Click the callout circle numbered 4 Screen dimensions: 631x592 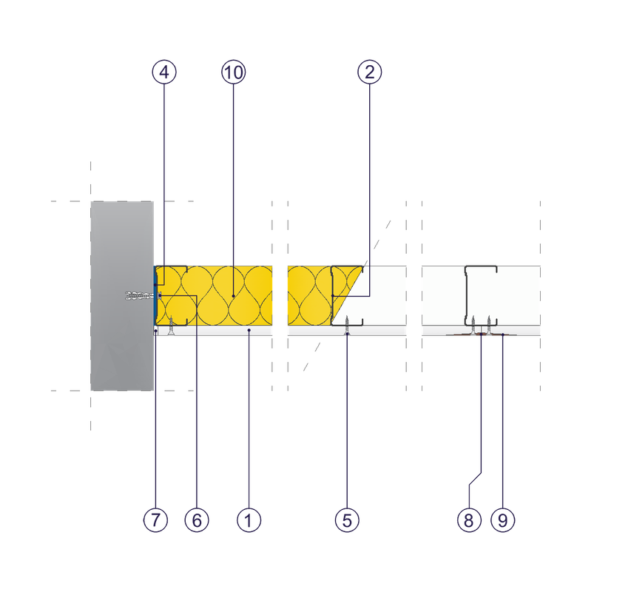coord(164,72)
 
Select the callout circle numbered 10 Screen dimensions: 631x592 coord(234,72)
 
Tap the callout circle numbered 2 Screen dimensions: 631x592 coord(369,72)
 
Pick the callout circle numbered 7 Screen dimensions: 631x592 coord(156,520)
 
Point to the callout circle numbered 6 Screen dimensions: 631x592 coord(196,520)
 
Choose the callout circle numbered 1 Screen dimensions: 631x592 coord(249,520)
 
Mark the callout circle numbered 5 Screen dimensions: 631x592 coord(347,520)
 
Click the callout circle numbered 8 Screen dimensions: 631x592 coord(469,520)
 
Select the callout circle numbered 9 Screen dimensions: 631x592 coord(502,520)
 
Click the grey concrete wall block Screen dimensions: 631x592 coord(122,296)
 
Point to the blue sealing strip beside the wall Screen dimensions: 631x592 coord(155,296)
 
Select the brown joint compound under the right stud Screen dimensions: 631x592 coord(481,334)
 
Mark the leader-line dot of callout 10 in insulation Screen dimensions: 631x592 coord(234,296)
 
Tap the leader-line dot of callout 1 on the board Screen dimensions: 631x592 coord(249,330)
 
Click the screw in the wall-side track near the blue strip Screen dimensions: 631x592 coord(171,325)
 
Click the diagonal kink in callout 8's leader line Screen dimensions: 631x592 coord(475,479)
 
